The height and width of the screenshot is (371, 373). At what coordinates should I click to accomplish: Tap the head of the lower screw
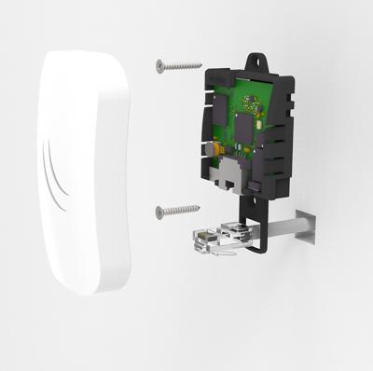[x=159, y=211]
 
